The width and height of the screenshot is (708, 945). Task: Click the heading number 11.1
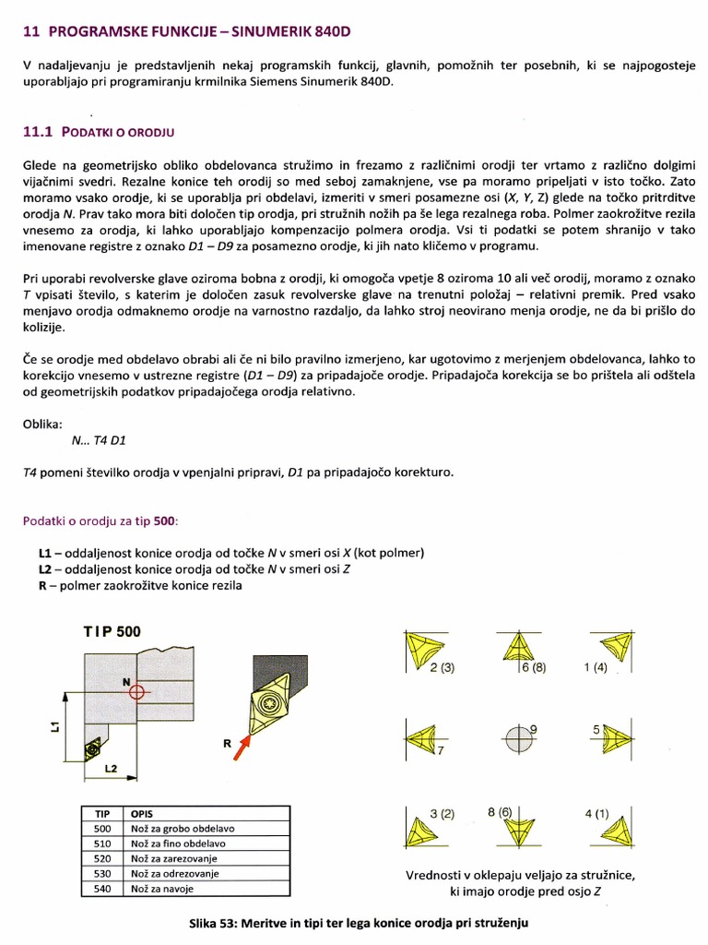pyautogui.click(x=38, y=132)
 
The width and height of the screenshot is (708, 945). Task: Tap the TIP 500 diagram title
pyautogui.click(x=112, y=632)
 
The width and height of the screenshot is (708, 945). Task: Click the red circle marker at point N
pyautogui.click(x=136, y=691)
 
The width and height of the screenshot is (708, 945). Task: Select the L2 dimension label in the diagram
pyautogui.click(x=110, y=767)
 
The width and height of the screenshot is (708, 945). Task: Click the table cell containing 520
pyautogui.click(x=102, y=858)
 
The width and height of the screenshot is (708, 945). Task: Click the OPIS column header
pyautogui.click(x=143, y=814)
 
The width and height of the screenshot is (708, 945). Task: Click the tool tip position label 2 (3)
pyautogui.click(x=442, y=667)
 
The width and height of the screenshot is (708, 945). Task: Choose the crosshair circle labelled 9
pyautogui.click(x=518, y=738)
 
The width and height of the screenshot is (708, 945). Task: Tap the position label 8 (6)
pyautogui.click(x=500, y=813)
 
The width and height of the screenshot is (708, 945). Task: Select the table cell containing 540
pyautogui.click(x=102, y=890)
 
